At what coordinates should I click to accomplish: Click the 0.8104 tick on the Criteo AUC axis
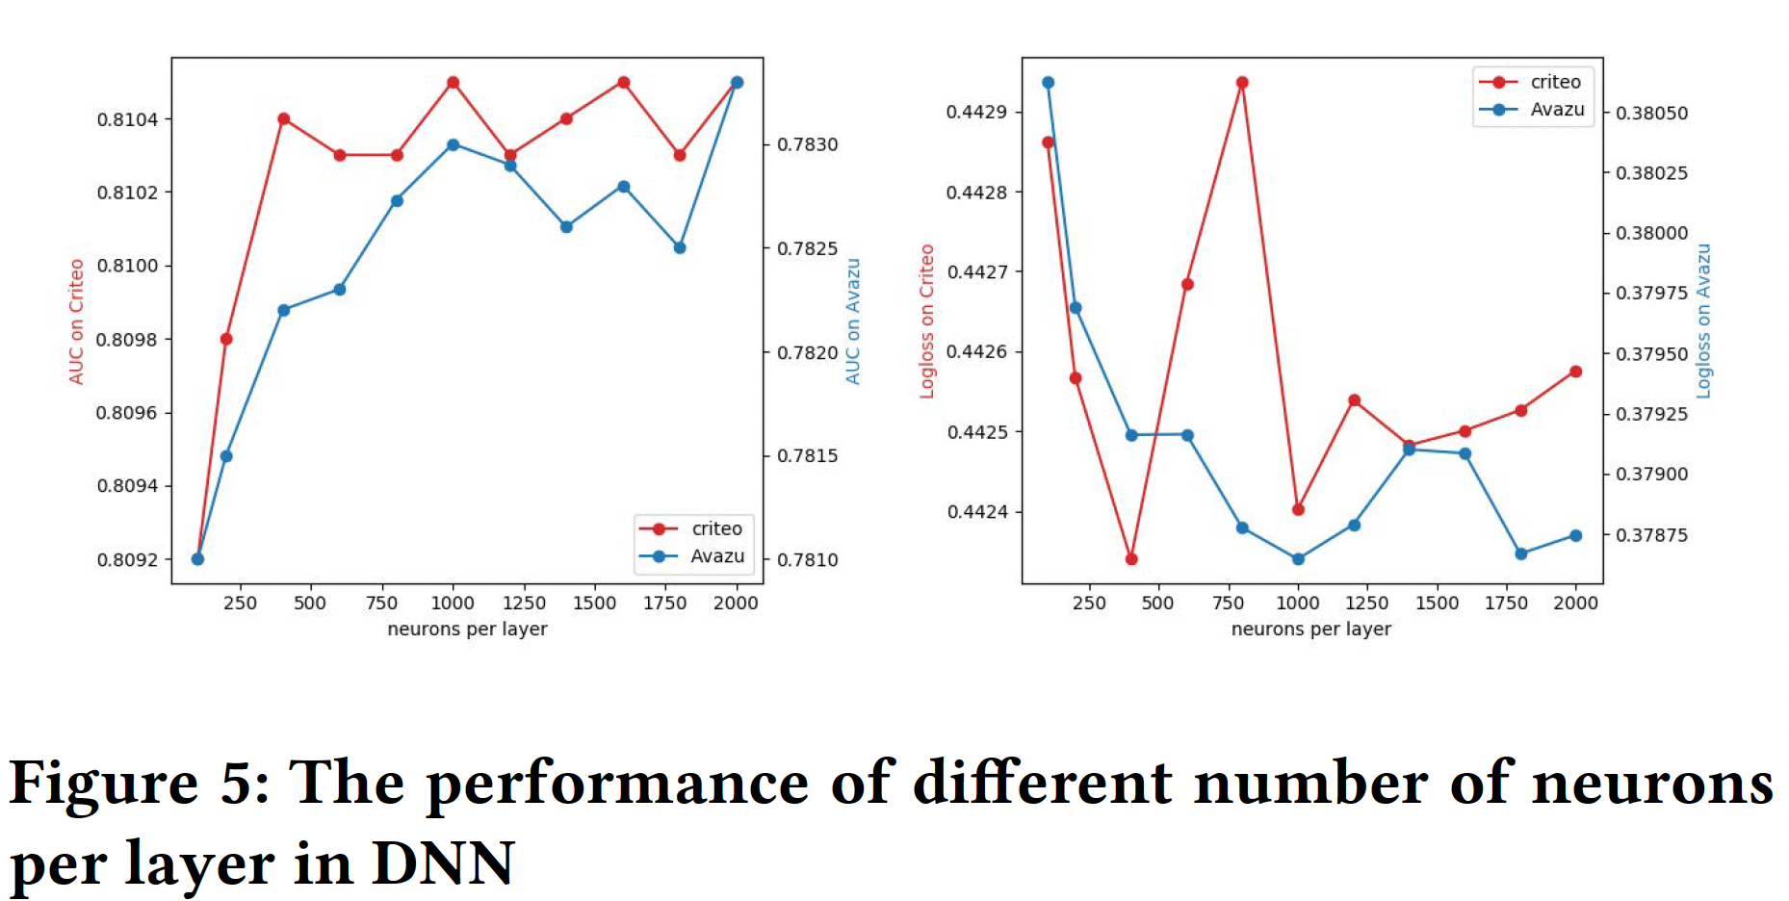coord(127,119)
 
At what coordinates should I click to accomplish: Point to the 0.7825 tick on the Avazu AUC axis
coord(808,248)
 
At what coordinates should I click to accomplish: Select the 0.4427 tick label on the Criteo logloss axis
coord(976,272)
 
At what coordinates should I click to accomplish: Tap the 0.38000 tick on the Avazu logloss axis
coord(1651,233)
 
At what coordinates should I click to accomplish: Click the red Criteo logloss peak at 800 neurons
coord(1242,83)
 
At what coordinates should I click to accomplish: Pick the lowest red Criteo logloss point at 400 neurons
coord(1131,559)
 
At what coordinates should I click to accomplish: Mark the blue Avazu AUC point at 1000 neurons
coord(453,145)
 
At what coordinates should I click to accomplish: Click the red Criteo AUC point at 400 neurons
coord(283,119)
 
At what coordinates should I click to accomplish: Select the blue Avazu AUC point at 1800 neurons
coord(680,247)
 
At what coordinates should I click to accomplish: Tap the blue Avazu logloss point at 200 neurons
coord(1076,308)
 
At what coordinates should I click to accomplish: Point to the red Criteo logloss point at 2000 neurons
coord(1575,372)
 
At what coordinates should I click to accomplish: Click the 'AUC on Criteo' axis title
coord(76,322)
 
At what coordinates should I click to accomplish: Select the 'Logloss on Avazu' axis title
coord(1702,322)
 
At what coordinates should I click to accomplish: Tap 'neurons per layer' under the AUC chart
coord(467,630)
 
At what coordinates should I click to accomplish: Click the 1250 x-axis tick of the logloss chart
coord(1366,604)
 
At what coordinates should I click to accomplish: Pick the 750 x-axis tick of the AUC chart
coord(381,604)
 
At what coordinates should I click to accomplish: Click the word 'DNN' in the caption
coord(443,863)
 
